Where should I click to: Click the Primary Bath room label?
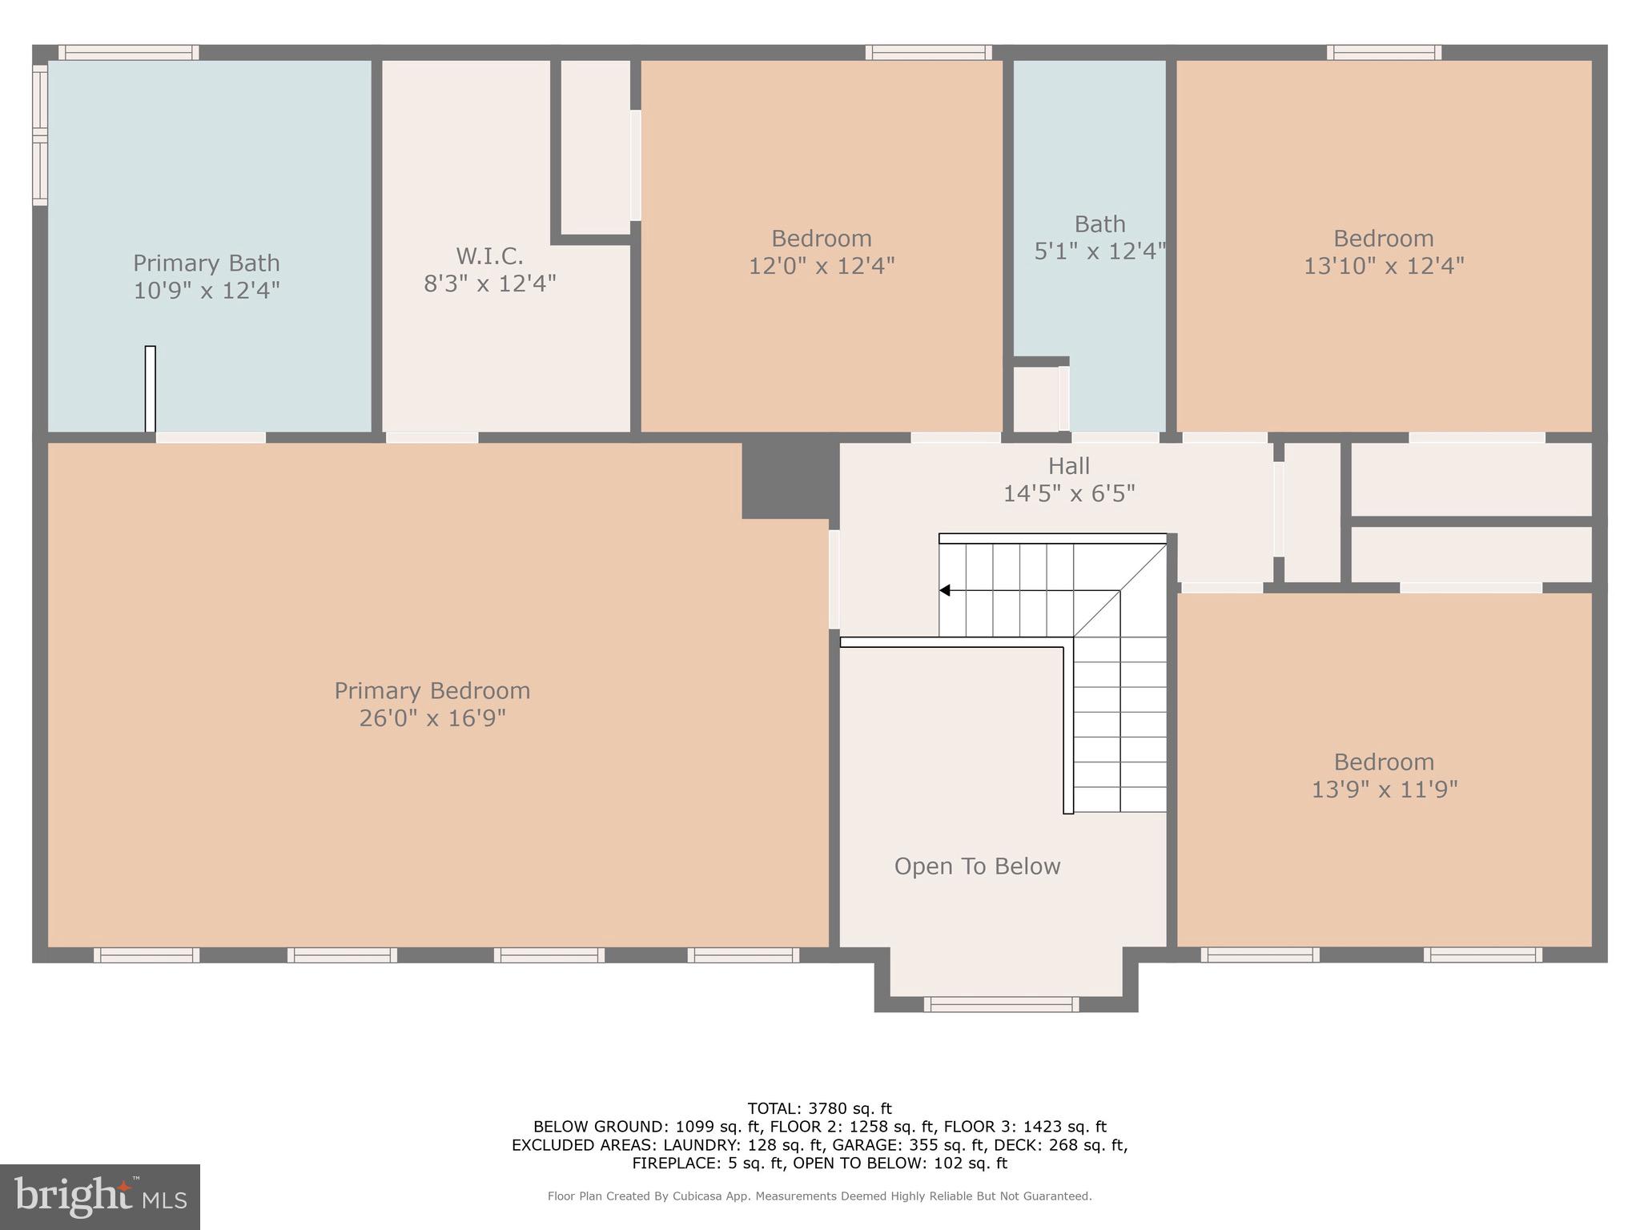click(206, 263)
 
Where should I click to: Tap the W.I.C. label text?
click(489, 256)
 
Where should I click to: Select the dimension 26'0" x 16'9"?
click(432, 717)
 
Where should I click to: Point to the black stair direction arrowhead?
click(945, 590)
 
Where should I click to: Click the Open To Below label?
click(977, 866)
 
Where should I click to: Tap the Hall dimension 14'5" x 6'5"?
click(1069, 493)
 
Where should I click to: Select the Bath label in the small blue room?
click(1099, 224)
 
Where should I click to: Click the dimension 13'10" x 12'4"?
click(1384, 266)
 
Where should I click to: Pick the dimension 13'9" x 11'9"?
click(1384, 790)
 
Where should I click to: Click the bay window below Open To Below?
click(1001, 1004)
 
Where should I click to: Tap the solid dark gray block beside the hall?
click(789, 479)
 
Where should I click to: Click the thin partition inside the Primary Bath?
click(150, 389)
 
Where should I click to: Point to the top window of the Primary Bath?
click(129, 52)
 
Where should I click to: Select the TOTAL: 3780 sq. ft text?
click(819, 1109)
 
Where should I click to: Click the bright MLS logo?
click(100, 1196)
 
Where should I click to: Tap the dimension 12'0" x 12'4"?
click(822, 266)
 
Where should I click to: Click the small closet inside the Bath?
click(1037, 399)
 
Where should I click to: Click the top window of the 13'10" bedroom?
click(1384, 52)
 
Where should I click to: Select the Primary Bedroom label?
click(432, 690)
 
